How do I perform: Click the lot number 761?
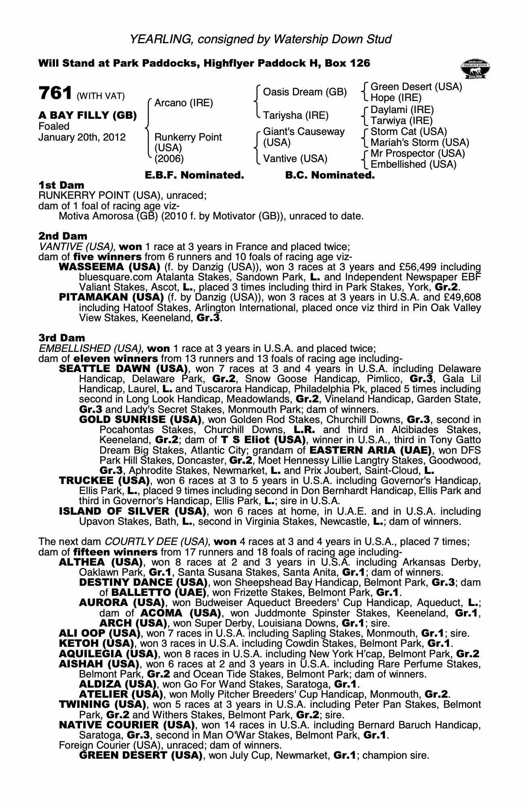[x=55, y=93]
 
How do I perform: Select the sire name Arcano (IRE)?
[x=183, y=103]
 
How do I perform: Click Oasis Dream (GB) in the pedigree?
[x=305, y=92]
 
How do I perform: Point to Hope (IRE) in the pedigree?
[x=396, y=98]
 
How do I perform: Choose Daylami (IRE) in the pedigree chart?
[x=402, y=110]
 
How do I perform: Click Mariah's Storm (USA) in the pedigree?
[x=419, y=143]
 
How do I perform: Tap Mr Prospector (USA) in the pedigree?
[x=417, y=154]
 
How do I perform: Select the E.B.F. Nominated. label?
[x=194, y=175]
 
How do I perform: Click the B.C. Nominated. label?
[x=330, y=175]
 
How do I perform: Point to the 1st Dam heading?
[x=61, y=185]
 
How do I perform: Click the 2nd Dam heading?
[x=63, y=236]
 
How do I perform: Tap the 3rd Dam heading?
[x=62, y=338]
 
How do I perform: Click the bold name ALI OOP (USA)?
[x=99, y=633]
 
